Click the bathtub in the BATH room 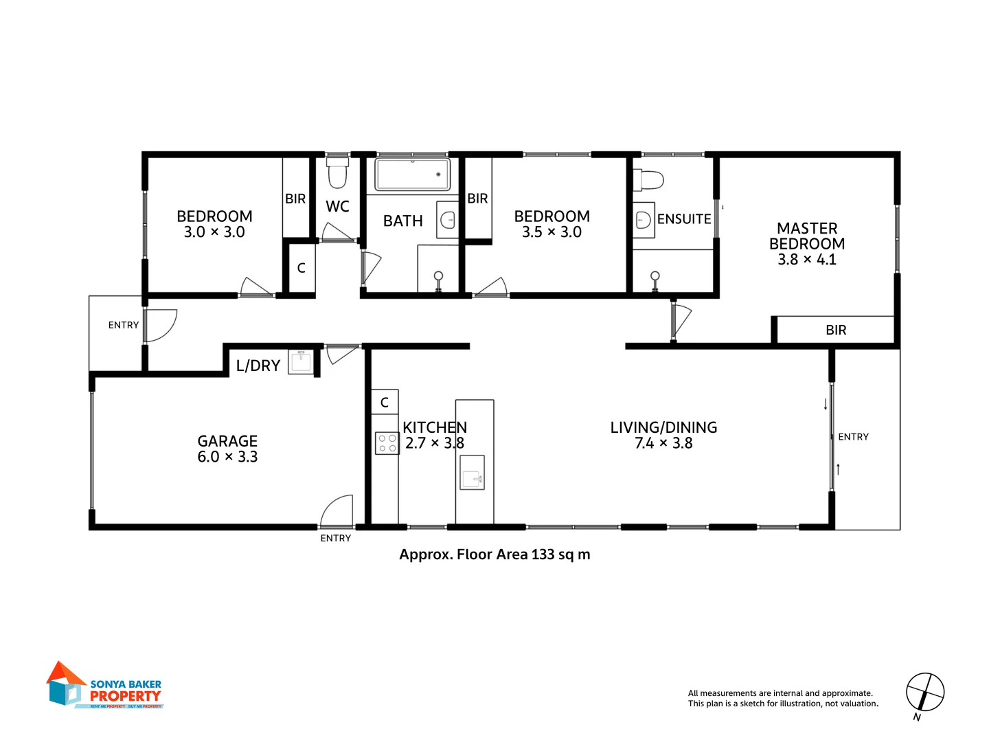tap(412, 175)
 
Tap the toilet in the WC tap(337, 172)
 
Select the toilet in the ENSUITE tap(649, 180)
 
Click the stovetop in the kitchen tap(387, 443)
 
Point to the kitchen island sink tap(472, 473)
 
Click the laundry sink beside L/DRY tap(301, 361)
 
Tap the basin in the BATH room tap(448, 220)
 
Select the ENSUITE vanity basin tap(644, 220)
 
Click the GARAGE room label tap(227, 441)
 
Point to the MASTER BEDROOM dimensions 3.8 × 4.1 tap(807, 260)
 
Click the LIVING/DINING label tap(663, 427)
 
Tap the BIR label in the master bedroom tap(836, 330)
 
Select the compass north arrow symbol tap(924, 693)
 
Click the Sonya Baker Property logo tap(105, 686)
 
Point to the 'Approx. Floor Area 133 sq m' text tap(494, 554)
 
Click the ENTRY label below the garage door tap(336, 539)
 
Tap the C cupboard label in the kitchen tap(385, 403)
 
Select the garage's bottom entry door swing tap(337, 510)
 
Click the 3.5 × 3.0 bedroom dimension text tap(552, 232)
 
